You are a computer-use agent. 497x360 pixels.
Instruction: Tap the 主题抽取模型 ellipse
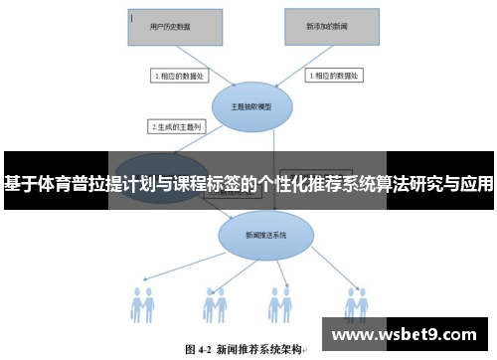[250, 107]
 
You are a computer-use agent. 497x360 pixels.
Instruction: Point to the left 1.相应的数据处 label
[179, 76]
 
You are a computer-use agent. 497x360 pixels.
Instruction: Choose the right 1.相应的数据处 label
[336, 76]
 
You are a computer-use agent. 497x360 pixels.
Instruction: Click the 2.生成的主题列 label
[174, 127]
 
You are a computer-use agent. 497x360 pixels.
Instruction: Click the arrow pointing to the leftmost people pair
[185, 264]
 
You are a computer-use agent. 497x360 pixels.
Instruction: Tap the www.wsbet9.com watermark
[409, 333]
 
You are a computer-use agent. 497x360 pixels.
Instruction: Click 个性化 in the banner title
[280, 184]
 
